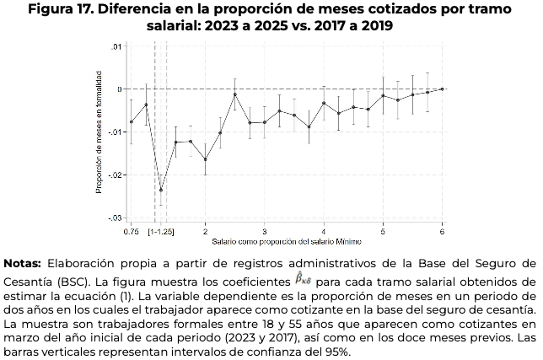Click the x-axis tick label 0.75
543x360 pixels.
(x=131, y=230)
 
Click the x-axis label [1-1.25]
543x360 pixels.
(x=161, y=230)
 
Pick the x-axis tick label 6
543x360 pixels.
(x=443, y=230)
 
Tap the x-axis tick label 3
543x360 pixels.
(x=265, y=230)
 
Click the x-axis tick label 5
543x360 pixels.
(x=384, y=230)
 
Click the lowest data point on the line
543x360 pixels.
(x=161, y=191)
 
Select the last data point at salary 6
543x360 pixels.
(x=443, y=89)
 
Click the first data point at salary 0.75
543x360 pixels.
(x=132, y=122)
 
